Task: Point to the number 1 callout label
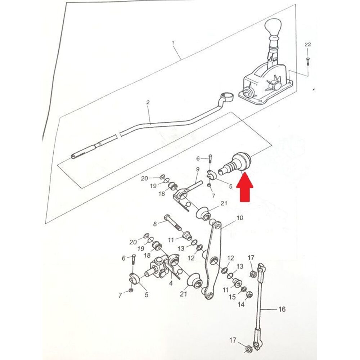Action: tap(173, 43)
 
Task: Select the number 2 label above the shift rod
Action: tap(148, 103)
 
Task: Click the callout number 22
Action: tap(307, 45)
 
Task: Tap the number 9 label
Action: tap(198, 169)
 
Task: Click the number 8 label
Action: tap(155, 224)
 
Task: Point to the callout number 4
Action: tap(171, 283)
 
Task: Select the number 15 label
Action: tap(233, 297)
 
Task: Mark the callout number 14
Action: tap(241, 305)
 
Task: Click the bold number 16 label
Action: tap(282, 309)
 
